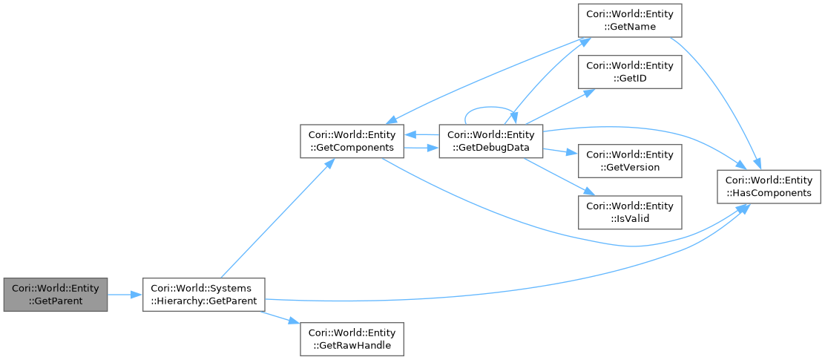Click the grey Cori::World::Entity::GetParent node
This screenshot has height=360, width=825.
55,294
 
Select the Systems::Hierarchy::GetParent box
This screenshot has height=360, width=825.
203,294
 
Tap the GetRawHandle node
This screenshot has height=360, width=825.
352,338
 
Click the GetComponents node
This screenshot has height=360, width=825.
352,141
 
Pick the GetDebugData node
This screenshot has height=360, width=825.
491,141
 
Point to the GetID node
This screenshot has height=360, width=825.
630,72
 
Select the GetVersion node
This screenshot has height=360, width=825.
630,161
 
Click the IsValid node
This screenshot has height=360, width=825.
630,212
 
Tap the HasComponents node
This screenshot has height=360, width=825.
769,186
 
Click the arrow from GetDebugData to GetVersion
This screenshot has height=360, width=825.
560,152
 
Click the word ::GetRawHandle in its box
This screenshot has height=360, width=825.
352,345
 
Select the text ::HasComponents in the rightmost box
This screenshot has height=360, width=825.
769,193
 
